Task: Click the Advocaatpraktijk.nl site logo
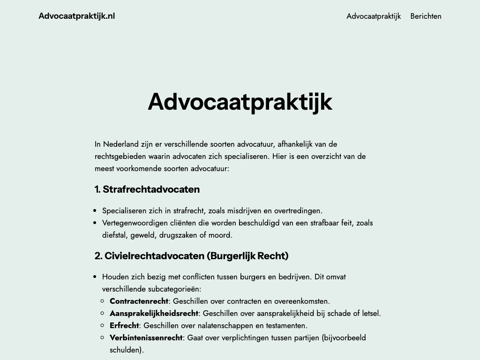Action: tap(76, 16)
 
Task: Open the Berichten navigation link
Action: tap(426, 16)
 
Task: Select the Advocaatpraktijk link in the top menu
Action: tap(374, 16)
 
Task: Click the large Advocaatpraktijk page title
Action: tap(240, 101)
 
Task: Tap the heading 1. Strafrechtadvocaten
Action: tap(147, 189)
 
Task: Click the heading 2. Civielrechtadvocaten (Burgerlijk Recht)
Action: tap(191, 256)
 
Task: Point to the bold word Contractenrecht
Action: tap(139, 301)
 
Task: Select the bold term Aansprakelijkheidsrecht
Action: tap(154, 313)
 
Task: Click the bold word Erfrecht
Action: tap(124, 325)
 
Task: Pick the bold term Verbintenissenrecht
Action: tap(146, 337)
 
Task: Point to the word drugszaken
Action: tap(173, 235)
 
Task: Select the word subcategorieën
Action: tap(173, 289)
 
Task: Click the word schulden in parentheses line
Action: tap(125, 350)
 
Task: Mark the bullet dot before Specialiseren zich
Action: tap(95, 211)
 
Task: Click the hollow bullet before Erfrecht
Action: tap(103, 325)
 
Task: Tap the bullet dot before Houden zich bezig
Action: tap(95, 277)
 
